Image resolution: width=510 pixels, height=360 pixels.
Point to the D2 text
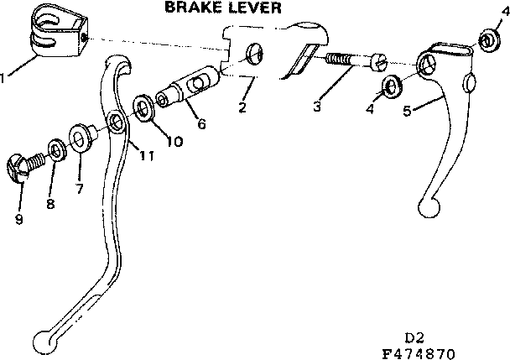[414, 337]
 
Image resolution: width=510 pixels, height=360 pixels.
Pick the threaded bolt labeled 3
[351, 61]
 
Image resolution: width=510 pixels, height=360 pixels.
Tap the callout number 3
[316, 106]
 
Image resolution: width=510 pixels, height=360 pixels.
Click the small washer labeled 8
[55, 150]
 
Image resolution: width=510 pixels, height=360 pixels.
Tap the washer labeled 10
[145, 108]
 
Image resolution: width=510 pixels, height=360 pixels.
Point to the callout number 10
[173, 141]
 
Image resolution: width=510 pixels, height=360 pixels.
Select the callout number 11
[147, 156]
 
